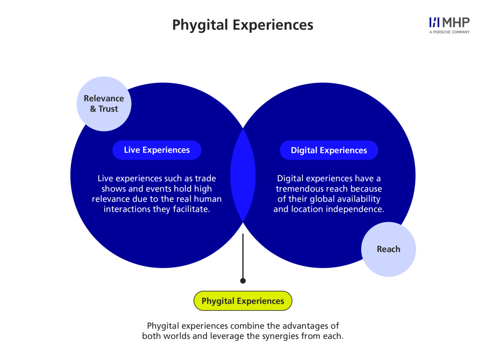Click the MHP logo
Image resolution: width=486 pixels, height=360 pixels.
[x=449, y=23]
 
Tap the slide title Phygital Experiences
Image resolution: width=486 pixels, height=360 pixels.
[x=243, y=25]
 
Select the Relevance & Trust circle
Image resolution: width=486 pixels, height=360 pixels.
[x=104, y=104]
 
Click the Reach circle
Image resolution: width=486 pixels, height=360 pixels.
[x=388, y=249]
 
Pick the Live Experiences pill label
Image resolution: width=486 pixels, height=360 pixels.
[x=157, y=150]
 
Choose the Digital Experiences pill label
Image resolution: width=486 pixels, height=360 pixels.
[x=329, y=150]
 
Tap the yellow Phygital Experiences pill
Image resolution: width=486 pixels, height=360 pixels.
[x=243, y=301]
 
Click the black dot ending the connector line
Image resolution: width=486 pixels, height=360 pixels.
[x=243, y=281]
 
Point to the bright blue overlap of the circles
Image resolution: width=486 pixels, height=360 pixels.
[x=243, y=175]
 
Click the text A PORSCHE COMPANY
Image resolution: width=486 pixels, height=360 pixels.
[x=449, y=32]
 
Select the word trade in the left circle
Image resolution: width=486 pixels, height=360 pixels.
[x=206, y=178]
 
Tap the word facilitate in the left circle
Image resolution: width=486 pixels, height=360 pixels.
[x=195, y=209]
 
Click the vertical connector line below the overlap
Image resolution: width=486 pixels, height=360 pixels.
[x=243, y=255]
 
